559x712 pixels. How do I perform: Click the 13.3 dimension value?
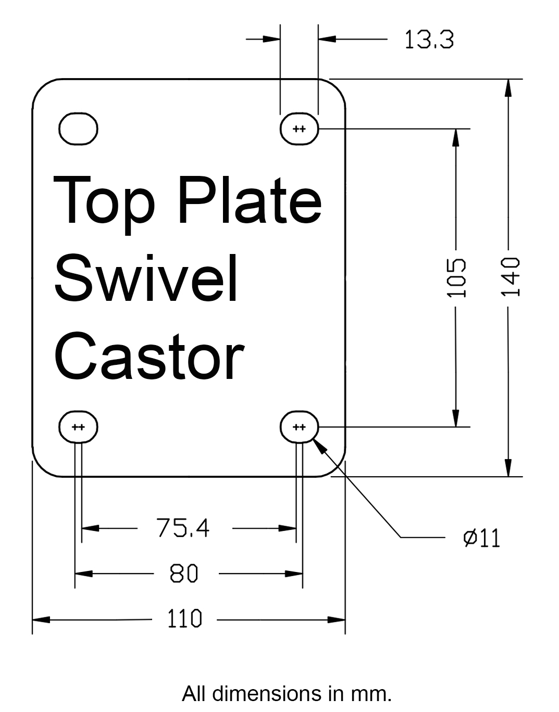coord(429,40)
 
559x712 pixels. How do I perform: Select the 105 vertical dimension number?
coord(456,277)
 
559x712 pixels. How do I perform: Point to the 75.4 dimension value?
coord(183,528)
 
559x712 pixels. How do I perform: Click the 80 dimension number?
coord(184,574)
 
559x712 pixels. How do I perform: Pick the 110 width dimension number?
coord(184,619)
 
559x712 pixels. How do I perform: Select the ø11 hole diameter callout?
coord(481,538)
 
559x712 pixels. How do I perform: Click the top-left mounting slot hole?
coord(78,129)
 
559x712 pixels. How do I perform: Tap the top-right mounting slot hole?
coord(300,129)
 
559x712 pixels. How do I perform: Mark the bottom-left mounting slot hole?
coord(78,427)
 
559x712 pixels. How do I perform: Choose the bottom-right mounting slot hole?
coord(300,427)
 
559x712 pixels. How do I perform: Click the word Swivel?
coord(146,278)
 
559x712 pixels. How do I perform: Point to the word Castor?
coord(149,357)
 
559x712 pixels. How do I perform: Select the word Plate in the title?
coord(249,200)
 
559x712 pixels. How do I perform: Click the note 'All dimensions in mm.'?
coord(286,693)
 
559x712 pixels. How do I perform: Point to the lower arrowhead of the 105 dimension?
coord(456,417)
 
